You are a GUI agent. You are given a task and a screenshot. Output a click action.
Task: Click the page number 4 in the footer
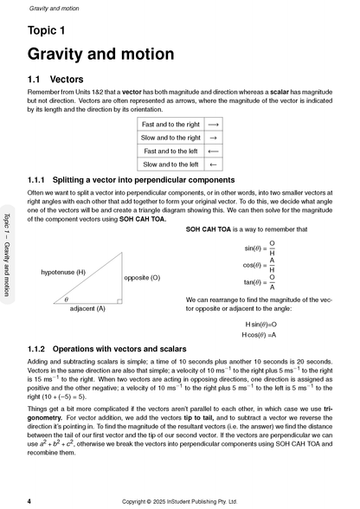29,500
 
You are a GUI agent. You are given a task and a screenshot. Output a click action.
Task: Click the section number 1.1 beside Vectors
39,78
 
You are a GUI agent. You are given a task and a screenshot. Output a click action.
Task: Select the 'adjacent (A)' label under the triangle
87,307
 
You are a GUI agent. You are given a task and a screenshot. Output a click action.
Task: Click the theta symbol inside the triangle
66,299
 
